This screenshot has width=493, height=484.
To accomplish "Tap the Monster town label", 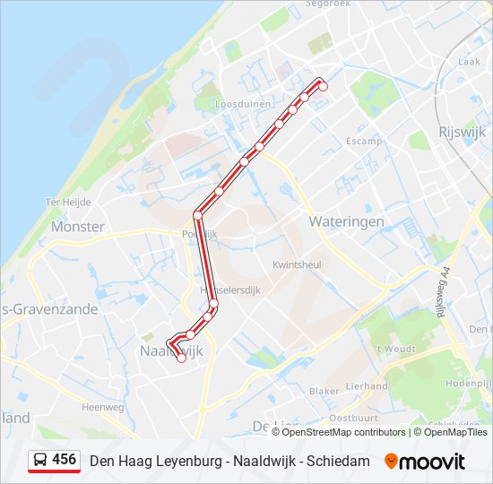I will (x=78, y=227).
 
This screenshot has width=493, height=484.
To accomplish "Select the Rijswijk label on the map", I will (x=462, y=131).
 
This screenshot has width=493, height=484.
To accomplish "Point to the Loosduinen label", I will (x=243, y=104).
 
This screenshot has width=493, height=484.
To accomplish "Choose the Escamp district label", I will (x=364, y=142).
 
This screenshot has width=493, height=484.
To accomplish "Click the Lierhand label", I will (x=367, y=386).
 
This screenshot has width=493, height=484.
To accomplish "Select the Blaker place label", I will (x=324, y=392).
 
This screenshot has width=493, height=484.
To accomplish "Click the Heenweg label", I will (x=102, y=406).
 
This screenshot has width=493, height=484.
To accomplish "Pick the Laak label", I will (x=469, y=62).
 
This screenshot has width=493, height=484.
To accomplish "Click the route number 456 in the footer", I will (x=64, y=460).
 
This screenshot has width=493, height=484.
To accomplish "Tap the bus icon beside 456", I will (x=40, y=460).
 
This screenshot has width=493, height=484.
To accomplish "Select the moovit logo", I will (x=425, y=461).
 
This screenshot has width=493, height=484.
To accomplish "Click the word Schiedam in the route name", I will (x=338, y=461).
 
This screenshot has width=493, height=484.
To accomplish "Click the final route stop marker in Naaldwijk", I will (x=181, y=358).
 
